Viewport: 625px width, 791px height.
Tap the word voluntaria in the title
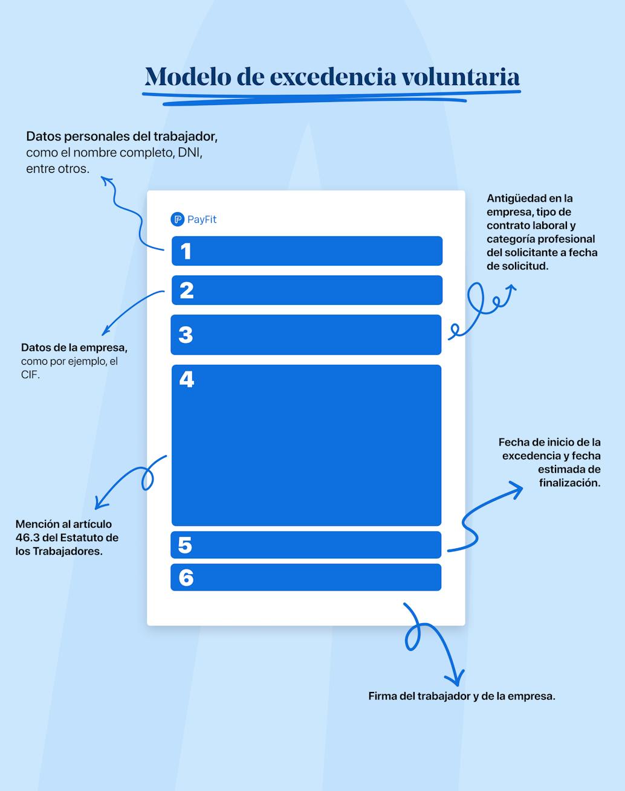pyautogui.click(x=461, y=77)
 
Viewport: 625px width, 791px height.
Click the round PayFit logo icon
pyautogui.click(x=178, y=219)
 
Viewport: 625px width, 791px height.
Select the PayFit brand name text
pyautogui.click(x=202, y=219)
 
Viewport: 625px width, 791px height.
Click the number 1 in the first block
pyautogui.click(x=186, y=251)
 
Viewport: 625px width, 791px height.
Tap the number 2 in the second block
pyautogui.click(x=187, y=290)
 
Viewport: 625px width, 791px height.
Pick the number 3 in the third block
pyautogui.click(x=186, y=335)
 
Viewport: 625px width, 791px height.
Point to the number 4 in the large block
pyautogui.click(x=187, y=379)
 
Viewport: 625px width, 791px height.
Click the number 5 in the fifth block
pyautogui.click(x=185, y=545)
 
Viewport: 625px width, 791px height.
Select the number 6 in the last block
pyautogui.click(x=186, y=577)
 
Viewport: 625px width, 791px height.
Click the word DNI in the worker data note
pyautogui.click(x=190, y=153)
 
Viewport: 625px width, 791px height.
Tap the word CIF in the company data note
pyautogui.click(x=30, y=375)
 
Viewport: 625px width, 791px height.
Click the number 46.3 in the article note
pyautogui.click(x=27, y=538)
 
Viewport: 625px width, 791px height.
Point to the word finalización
pyautogui.click(x=570, y=483)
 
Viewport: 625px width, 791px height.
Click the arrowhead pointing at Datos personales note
pyautogui.click(x=106, y=180)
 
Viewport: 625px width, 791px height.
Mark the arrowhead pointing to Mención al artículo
pyautogui.click(x=99, y=504)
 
